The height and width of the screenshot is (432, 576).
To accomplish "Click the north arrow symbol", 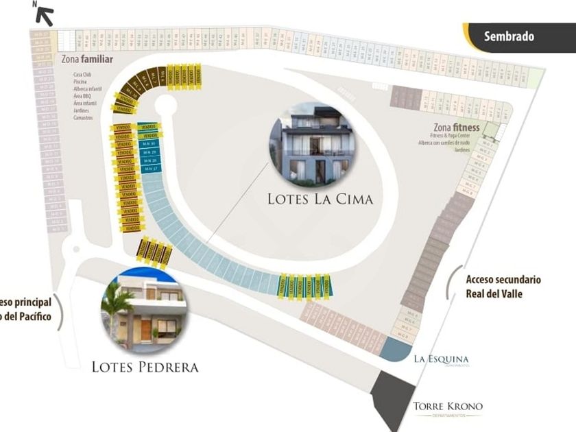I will click(x=44, y=14).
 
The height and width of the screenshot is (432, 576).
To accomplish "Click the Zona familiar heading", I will click(x=86, y=59).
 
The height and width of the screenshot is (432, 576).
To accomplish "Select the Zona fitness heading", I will click(x=456, y=128).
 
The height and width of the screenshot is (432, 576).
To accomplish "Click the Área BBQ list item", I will click(x=82, y=96).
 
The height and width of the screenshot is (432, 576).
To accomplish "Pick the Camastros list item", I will click(x=82, y=118).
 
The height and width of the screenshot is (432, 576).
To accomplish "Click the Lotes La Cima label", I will click(x=320, y=199).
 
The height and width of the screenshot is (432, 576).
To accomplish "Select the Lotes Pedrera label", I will click(x=145, y=368).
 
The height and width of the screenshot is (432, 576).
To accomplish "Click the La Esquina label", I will click(x=441, y=359).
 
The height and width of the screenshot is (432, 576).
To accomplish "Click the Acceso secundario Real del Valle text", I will click(x=503, y=287).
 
